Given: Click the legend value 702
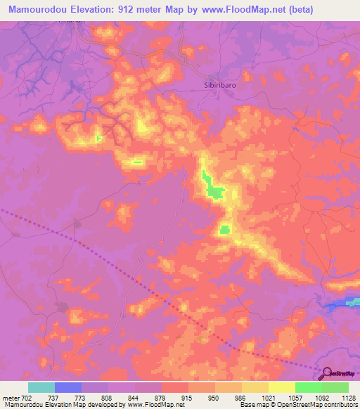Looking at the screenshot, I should point(27,397).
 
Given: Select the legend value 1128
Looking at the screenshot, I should point(347,397).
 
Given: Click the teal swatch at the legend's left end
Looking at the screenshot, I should point(41,387).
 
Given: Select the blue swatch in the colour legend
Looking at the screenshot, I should point(68,387).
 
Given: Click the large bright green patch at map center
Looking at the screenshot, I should point(214,190).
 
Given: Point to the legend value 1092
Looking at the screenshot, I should point(321,397).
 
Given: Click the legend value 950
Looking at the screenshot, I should point(214,397).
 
